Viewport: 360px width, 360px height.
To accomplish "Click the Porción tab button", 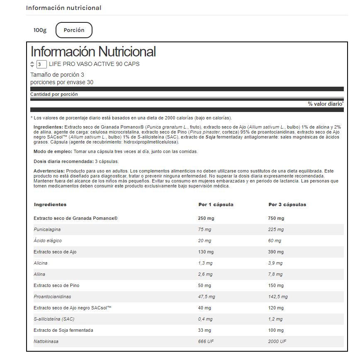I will [74, 30].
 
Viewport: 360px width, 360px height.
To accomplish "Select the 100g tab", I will [40, 30].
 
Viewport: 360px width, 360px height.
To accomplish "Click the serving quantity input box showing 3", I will [41, 64].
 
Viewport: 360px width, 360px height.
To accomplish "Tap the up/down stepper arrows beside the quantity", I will [32, 64].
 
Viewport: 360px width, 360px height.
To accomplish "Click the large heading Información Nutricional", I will [93, 52].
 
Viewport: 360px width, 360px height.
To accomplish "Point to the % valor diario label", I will [326, 104].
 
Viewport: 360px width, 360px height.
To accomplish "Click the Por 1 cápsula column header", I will [216, 204].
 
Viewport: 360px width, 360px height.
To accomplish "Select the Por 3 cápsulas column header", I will [287, 204].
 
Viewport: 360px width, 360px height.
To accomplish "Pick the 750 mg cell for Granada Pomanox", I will [276, 219].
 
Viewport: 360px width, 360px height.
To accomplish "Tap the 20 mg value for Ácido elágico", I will [205, 241].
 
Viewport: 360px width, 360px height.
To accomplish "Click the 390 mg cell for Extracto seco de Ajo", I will [276, 252].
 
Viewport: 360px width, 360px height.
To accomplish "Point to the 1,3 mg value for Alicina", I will [205, 263].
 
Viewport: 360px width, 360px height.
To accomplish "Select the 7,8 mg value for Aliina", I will [275, 274].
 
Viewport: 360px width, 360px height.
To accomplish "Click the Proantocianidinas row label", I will [52, 297].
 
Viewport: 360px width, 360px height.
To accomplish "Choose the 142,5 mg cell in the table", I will [278, 297].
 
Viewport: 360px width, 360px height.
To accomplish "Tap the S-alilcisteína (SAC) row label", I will [54, 319].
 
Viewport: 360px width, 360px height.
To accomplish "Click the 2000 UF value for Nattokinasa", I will [277, 341].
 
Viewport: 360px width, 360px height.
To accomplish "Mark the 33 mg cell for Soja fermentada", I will [205, 330].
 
